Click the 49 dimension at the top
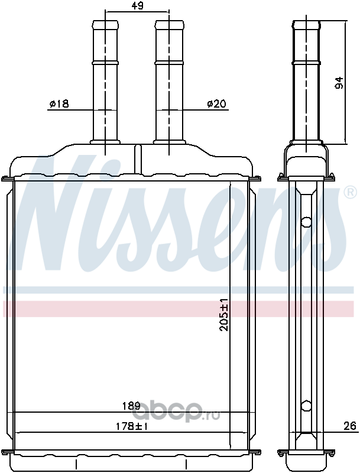click(x=137, y=6)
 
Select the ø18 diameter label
click(x=59, y=104)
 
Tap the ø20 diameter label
click(x=216, y=104)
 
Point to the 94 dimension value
click(x=339, y=83)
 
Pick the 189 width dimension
click(x=131, y=406)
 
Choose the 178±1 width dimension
click(x=132, y=426)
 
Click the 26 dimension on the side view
click(x=349, y=426)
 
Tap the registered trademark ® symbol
click(x=351, y=193)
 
